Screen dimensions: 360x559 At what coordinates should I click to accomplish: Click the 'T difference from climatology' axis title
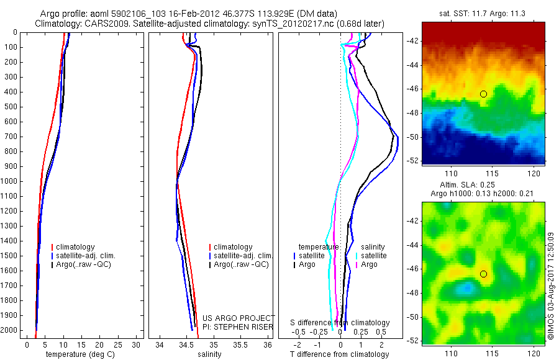(x=339, y=354)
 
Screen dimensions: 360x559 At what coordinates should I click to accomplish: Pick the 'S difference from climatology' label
(x=340, y=323)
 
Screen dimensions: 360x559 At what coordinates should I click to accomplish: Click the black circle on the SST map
(x=483, y=94)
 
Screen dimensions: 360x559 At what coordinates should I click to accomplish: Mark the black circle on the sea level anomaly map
(x=483, y=274)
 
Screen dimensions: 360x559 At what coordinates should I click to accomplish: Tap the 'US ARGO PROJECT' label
(x=239, y=317)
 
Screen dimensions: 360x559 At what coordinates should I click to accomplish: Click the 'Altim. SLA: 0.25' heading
(x=483, y=186)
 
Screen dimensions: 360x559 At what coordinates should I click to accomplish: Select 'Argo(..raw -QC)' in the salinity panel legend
(x=241, y=264)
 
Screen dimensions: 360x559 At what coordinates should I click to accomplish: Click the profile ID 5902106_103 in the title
(x=134, y=13)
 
